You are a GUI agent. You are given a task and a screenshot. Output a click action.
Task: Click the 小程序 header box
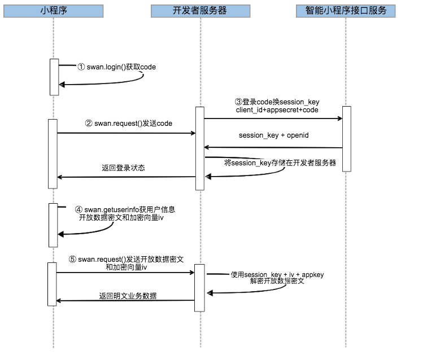click(54, 11)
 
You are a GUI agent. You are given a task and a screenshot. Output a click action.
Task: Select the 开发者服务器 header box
click(200, 11)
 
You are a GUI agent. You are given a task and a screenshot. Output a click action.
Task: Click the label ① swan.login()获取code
click(116, 67)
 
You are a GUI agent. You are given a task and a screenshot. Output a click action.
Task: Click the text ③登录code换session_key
click(277, 102)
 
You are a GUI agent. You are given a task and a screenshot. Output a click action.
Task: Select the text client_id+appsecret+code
click(277, 110)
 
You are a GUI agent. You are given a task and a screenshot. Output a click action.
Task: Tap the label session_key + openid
click(273, 136)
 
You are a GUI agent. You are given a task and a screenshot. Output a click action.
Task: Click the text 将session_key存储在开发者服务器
click(280, 163)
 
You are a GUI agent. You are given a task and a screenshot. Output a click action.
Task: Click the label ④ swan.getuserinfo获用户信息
click(124, 209)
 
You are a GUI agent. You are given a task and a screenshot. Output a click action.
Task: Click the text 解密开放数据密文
click(277, 281)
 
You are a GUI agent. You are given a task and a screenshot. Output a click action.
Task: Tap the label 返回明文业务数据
click(128, 296)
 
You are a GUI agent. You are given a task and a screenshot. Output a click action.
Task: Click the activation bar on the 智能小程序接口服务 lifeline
click(347, 138)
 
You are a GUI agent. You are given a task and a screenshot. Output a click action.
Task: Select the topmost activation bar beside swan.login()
click(54, 77)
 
